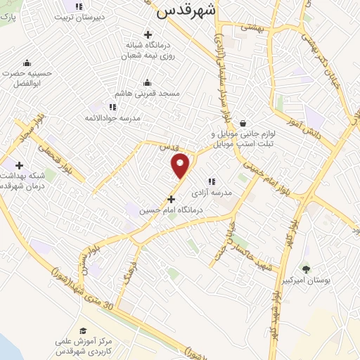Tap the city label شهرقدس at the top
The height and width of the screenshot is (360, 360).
[x=185, y=10]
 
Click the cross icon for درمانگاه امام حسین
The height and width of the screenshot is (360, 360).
[x=171, y=199]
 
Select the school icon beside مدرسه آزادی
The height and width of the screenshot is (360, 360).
[x=211, y=181]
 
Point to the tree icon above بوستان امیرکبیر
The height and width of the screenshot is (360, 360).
[x=305, y=269]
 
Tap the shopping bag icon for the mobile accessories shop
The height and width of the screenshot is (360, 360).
[x=243, y=122]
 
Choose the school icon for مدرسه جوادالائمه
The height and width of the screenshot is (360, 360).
[x=112, y=107]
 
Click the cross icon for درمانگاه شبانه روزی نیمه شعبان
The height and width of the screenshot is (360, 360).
[x=147, y=34]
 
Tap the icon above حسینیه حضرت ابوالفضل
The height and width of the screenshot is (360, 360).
[x=27, y=63]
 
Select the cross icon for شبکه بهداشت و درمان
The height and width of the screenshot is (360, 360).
[x=19, y=165]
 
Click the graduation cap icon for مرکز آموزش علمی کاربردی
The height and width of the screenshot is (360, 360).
[x=83, y=330]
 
